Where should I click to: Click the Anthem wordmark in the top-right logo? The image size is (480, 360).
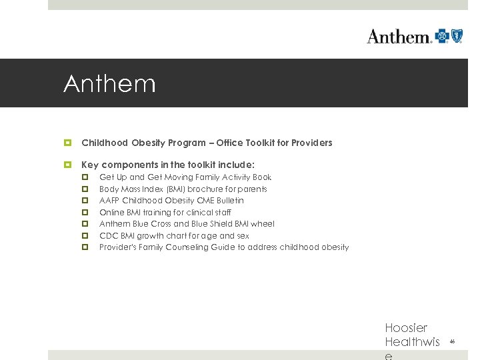[399, 37]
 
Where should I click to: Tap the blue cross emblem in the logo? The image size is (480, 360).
[442, 36]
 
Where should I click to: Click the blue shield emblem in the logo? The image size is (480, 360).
[457, 36]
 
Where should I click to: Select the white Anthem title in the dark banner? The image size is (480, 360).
[109, 84]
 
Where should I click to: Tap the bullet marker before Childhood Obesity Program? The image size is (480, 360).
[67, 143]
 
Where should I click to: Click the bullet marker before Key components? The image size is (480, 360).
[67, 165]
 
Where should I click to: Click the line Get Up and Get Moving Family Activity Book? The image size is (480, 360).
[185, 177]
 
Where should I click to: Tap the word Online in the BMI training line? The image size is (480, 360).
[111, 213]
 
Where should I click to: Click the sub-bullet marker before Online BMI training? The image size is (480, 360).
[85, 213]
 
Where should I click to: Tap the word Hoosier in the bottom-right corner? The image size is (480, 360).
[406, 328]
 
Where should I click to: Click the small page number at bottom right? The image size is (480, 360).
[452, 341]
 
